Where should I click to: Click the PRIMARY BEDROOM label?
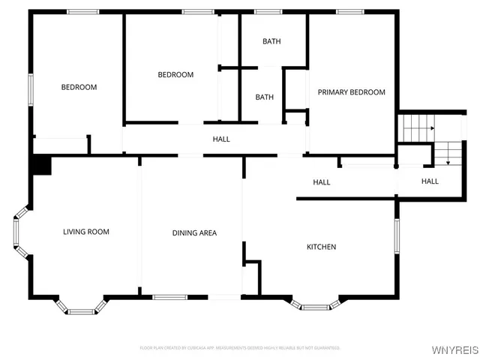tap(351, 92)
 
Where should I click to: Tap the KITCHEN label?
tap(321, 247)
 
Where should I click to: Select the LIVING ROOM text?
tap(86, 232)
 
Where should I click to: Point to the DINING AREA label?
tap(194, 233)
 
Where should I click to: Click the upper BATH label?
tap(271, 41)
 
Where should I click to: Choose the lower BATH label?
tap(264, 97)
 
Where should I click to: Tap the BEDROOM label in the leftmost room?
tap(79, 87)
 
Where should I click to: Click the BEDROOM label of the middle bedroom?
tap(175, 75)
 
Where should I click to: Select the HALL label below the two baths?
tap(221, 139)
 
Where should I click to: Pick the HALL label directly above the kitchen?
tap(321, 182)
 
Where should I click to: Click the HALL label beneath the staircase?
tap(430, 181)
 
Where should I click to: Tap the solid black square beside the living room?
tap(41, 166)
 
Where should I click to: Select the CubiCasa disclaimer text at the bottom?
tap(240, 348)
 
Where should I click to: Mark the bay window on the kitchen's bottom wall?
tap(315, 305)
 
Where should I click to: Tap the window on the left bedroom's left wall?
tap(31, 88)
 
